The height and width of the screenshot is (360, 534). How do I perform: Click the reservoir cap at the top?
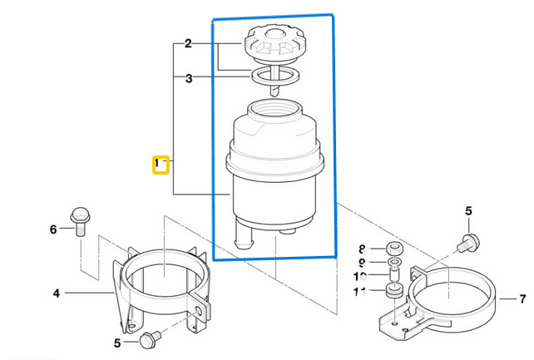pos(274,41)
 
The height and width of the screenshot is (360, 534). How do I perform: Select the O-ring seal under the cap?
pos(274,76)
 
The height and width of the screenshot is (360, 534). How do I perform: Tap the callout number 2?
pos(188,43)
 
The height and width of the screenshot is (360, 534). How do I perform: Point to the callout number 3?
pos(189,79)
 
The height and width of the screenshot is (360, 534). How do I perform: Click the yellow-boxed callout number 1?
pos(161,165)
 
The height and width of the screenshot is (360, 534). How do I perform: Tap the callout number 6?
pos(54,229)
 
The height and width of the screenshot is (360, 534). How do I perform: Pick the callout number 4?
pos(57,293)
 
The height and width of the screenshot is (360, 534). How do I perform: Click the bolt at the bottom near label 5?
pos(150,338)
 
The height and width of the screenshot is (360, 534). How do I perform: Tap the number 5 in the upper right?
pos(467,211)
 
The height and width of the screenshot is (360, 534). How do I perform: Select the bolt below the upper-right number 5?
pos(467,243)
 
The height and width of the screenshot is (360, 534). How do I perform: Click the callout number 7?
pos(522,298)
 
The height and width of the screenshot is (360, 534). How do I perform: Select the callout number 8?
pos(362,249)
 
